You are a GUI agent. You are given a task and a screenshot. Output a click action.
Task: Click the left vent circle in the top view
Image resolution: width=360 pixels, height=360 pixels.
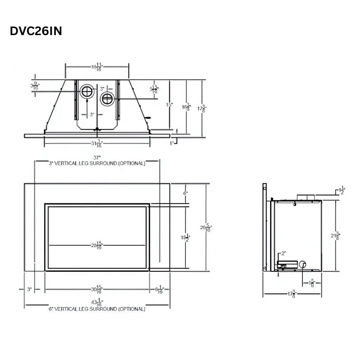(x=86, y=92)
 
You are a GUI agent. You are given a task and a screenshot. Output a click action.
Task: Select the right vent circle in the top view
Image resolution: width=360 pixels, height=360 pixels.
(x=107, y=99)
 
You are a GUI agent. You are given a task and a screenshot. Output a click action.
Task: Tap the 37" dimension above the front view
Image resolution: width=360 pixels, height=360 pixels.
(x=97, y=157)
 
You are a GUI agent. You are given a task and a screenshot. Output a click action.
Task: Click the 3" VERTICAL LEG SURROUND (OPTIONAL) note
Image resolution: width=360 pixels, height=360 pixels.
(x=97, y=163)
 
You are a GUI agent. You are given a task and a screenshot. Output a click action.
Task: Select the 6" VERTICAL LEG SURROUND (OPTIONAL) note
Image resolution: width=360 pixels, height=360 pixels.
(x=97, y=309)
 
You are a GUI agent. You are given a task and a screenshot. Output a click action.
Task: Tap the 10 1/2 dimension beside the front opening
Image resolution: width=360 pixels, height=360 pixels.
(x=186, y=237)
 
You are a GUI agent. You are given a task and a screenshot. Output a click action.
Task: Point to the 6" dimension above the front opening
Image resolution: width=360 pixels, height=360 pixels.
(x=185, y=193)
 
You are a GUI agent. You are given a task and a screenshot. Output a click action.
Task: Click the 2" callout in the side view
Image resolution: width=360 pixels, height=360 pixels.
(x=283, y=253)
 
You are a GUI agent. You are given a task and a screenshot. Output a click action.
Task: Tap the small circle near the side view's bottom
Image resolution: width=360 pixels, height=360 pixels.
(x=302, y=264)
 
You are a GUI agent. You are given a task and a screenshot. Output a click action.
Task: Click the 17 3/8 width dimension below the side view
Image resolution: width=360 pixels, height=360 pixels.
(x=292, y=295)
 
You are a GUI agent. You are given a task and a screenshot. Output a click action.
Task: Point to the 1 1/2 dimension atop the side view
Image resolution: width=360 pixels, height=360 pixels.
(x=342, y=189)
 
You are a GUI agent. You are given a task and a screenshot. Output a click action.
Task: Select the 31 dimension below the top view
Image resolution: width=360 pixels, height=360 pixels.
(x=97, y=144)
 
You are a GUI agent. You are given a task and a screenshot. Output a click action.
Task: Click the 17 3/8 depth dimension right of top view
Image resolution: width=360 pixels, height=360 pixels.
(x=203, y=108)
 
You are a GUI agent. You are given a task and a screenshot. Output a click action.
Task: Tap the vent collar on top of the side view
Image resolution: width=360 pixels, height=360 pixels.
(x=306, y=197)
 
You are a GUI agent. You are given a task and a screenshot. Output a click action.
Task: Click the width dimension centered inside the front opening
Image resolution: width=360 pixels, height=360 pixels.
(x=97, y=245)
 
